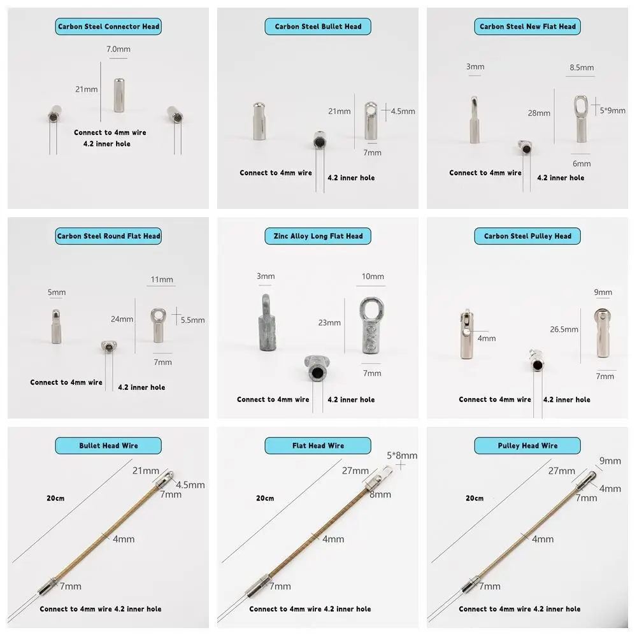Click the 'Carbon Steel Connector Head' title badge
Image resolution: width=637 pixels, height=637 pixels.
click(108, 27)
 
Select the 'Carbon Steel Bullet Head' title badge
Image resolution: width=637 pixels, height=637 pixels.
click(318, 27)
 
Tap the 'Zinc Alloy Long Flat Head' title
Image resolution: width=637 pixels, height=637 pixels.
click(318, 236)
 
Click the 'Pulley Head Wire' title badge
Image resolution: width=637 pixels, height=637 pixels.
click(527, 446)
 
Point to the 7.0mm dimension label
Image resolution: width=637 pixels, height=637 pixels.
click(118, 49)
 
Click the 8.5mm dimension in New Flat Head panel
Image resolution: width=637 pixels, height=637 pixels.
click(580, 68)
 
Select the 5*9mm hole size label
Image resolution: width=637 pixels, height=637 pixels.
click(613, 110)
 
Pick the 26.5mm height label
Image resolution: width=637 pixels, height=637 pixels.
click(563, 329)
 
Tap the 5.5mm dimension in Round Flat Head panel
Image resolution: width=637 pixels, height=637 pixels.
click(192, 320)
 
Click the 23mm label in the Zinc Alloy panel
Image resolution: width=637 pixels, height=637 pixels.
click(329, 322)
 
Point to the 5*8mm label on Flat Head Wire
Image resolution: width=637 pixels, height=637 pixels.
click(402, 455)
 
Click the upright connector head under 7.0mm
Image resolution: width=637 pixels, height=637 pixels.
click(119, 95)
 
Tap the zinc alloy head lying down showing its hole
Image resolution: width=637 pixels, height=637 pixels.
click(315, 370)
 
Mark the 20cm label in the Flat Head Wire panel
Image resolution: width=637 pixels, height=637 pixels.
click(265, 498)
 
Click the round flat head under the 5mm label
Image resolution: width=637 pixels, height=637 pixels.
click(56, 326)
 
